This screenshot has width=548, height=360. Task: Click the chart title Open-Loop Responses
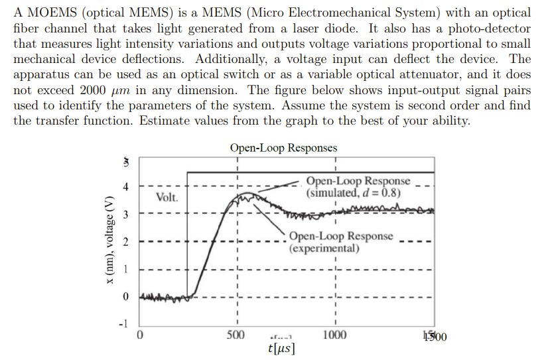pyautogui.click(x=283, y=148)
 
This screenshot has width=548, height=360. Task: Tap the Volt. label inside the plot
pyautogui.click(x=167, y=197)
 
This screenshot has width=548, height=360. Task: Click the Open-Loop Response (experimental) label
pyautogui.click(x=340, y=243)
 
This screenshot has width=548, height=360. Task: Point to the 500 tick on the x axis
pyautogui.click(x=237, y=334)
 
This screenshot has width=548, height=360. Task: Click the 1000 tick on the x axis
pyautogui.click(x=334, y=334)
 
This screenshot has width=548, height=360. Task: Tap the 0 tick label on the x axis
pyautogui.click(x=139, y=334)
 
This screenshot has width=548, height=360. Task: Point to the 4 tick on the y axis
pyautogui.click(x=124, y=187)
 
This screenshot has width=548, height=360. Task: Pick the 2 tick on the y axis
pyautogui.click(x=124, y=242)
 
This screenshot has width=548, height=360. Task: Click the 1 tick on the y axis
pyautogui.click(x=124, y=269)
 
